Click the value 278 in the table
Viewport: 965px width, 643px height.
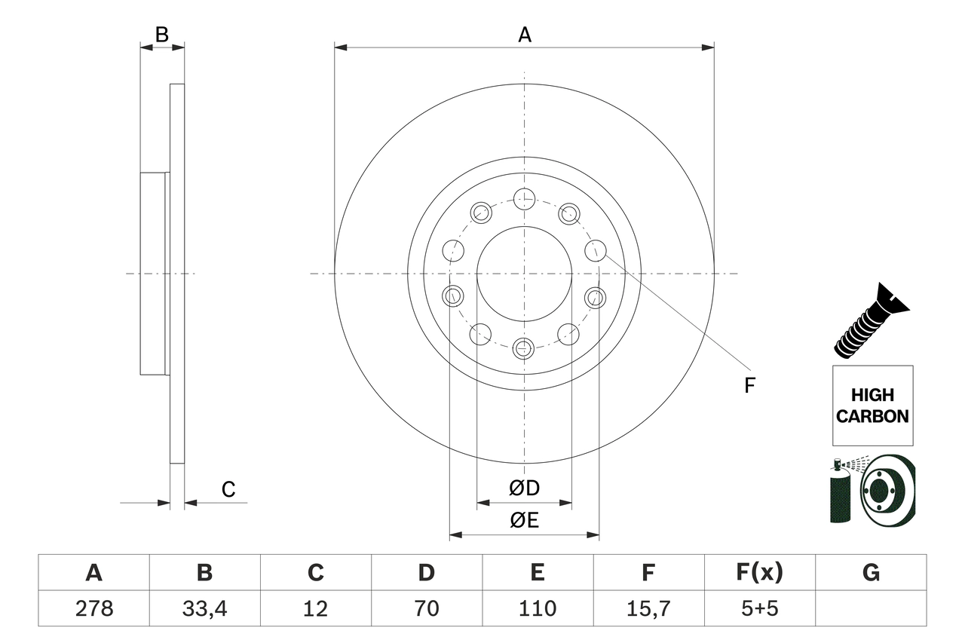point(93,608)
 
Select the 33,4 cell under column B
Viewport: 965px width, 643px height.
point(204,608)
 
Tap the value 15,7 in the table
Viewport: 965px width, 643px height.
point(648,608)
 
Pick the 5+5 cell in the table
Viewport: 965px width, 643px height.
point(758,608)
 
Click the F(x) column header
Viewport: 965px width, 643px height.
point(758,573)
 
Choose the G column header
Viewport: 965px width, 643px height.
point(871,573)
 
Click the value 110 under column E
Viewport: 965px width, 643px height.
point(537,608)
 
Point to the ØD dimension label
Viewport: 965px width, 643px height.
point(525,488)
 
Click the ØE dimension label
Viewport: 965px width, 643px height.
point(525,521)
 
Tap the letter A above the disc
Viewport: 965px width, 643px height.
point(525,35)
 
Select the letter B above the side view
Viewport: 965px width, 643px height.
point(161,34)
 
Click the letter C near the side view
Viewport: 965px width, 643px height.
point(228,490)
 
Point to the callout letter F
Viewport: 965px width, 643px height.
point(749,386)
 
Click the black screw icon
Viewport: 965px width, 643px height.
point(872,320)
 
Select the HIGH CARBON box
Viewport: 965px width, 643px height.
point(872,406)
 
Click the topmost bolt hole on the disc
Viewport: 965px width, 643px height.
point(524,199)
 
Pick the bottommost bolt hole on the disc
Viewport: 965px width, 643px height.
point(524,348)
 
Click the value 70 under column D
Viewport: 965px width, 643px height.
point(426,608)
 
